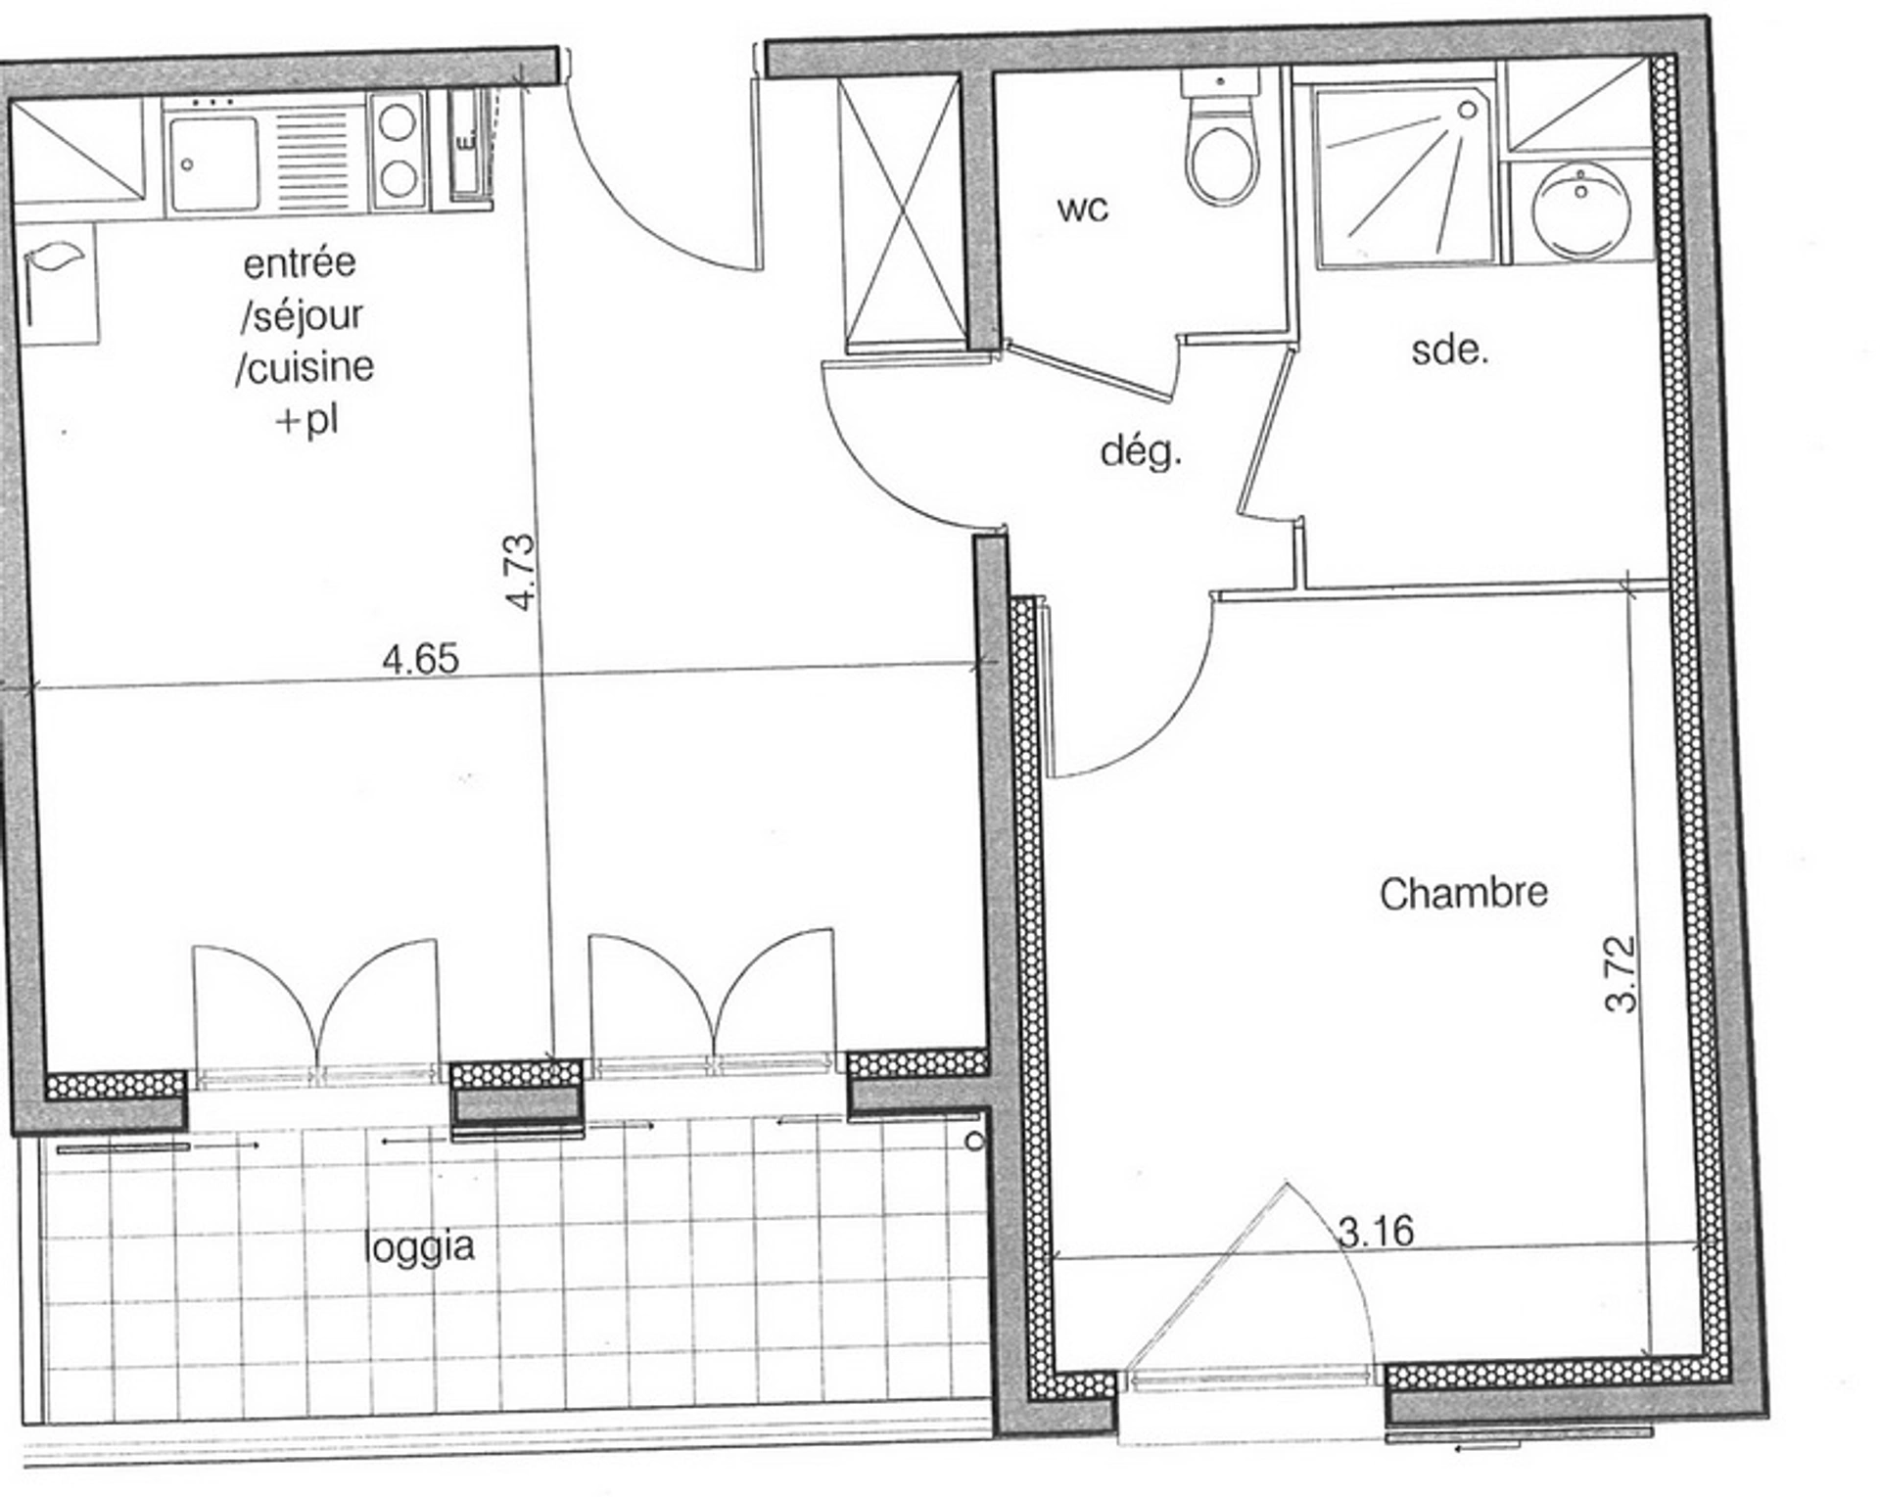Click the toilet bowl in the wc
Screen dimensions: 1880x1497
coord(1218,164)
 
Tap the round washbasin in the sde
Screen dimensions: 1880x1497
coord(1581,211)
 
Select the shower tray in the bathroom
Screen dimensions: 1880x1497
coord(1404,176)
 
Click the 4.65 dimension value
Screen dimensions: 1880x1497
coord(420,659)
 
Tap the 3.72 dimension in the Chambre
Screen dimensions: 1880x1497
coord(1621,974)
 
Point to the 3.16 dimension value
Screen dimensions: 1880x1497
coord(1376,1231)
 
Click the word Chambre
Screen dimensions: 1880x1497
coord(1464,893)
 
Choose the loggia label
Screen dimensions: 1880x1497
coord(419,1246)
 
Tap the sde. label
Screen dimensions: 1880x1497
coord(1450,350)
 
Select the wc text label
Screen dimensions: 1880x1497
coord(1083,209)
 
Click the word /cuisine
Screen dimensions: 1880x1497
coord(305,367)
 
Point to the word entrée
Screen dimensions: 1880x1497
coord(300,262)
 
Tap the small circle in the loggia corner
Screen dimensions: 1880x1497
coord(974,1142)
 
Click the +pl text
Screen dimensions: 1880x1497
coord(307,421)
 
